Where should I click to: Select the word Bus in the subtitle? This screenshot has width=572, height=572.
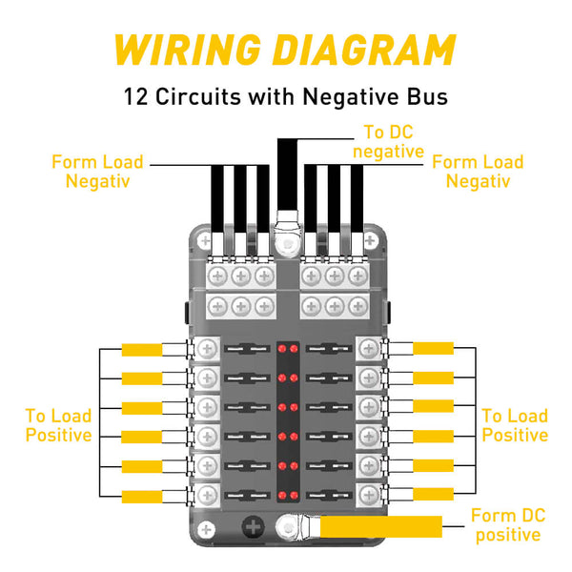[x=426, y=96]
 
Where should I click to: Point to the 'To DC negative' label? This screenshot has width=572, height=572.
[x=387, y=142]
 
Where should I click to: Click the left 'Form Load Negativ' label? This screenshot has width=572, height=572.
[x=98, y=171]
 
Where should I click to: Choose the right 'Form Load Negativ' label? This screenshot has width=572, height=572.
[x=478, y=171]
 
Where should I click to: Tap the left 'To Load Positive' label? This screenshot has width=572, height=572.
[x=59, y=425]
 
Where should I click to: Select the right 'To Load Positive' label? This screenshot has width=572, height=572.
[x=514, y=425]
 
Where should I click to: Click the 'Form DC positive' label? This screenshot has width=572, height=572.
[x=509, y=525]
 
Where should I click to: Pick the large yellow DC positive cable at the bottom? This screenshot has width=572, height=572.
[x=381, y=526]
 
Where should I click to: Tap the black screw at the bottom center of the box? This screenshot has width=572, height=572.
[x=255, y=526]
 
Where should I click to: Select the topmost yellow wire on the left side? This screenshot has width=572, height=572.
[x=143, y=349]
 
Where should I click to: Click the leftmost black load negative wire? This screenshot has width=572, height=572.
[x=217, y=205]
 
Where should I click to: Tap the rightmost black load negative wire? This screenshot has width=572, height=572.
[x=357, y=205]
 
